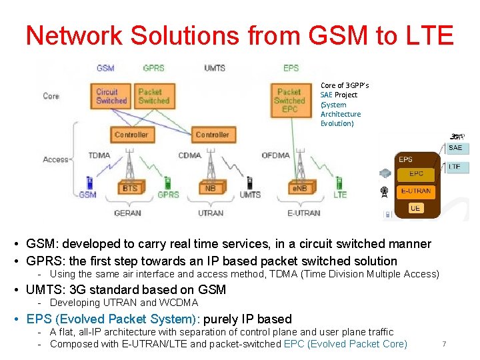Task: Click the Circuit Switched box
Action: click(x=111, y=96)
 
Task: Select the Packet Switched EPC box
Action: click(x=289, y=100)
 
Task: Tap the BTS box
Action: click(x=130, y=188)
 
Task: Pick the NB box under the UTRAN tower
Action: click(x=210, y=188)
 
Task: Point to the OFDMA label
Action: click(x=275, y=155)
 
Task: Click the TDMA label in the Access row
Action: click(x=99, y=155)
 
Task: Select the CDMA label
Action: click(x=189, y=155)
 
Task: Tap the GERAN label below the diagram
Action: click(x=127, y=213)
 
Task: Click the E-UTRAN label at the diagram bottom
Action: click(x=303, y=213)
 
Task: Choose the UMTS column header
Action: click(x=214, y=68)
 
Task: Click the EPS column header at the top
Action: click(x=291, y=68)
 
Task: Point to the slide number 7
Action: click(x=444, y=344)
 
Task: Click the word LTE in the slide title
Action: click(x=429, y=35)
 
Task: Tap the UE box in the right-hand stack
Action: click(x=415, y=208)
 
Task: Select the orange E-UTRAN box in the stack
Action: click(x=415, y=191)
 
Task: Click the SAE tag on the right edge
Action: click(x=455, y=148)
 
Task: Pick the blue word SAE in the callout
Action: click(x=326, y=95)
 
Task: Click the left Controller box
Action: click(x=131, y=135)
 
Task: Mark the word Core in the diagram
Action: click(x=51, y=96)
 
